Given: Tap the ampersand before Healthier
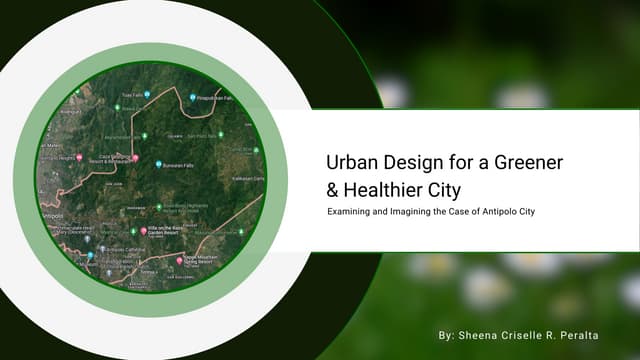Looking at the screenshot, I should pos(334,188).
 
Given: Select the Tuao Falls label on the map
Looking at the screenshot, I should pos(132,95).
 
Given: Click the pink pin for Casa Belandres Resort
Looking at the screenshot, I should pos(135,159).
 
